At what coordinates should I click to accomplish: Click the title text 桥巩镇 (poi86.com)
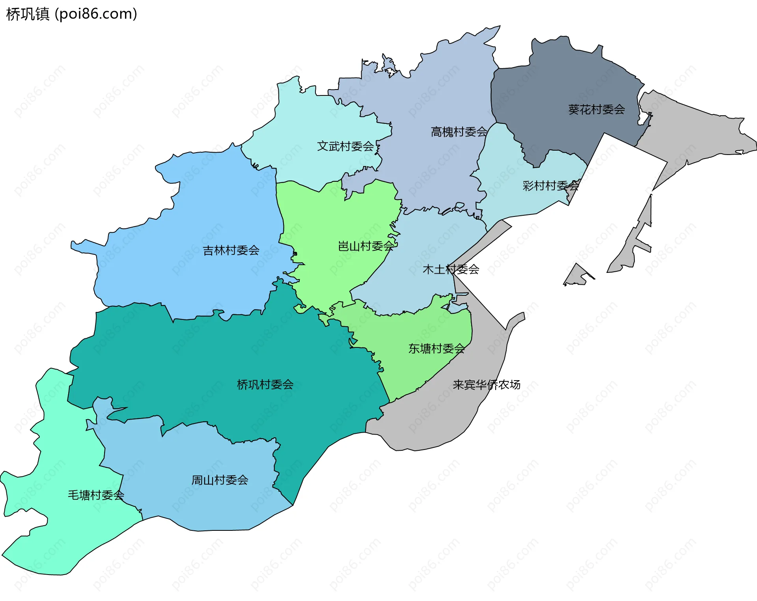click(72, 14)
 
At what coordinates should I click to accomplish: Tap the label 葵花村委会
click(596, 110)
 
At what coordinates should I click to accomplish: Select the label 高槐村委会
click(459, 132)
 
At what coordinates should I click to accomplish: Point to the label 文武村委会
click(345, 146)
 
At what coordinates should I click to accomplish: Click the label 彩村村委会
click(550, 186)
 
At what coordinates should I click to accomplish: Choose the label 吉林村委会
click(231, 250)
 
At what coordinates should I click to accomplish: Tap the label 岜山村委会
click(366, 246)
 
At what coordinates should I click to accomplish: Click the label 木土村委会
click(451, 269)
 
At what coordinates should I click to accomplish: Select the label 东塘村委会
click(436, 349)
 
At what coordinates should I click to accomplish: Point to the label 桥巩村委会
click(265, 384)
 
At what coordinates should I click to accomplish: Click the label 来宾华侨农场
click(486, 384)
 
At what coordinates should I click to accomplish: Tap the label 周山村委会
click(220, 480)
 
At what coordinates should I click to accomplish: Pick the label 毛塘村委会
click(96, 495)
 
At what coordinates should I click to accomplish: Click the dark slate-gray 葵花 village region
click(560, 79)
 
